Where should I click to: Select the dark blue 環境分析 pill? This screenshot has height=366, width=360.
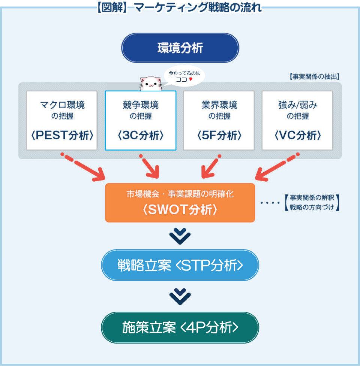click(x=180, y=48)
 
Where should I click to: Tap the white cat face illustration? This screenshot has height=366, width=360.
click(x=151, y=84)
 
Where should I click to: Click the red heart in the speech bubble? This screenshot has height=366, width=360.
click(x=191, y=79)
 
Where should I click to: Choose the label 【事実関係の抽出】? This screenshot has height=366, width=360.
click(x=315, y=77)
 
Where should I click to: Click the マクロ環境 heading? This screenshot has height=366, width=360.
click(x=62, y=105)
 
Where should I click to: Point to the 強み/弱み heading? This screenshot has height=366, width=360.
click(x=298, y=105)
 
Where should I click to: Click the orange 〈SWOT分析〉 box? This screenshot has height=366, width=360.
click(x=180, y=203)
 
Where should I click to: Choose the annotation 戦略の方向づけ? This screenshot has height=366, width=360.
click(x=312, y=208)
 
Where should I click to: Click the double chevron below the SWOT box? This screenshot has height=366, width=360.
click(x=180, y=236)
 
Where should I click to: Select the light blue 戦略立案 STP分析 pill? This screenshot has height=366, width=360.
click(x=180, y=265)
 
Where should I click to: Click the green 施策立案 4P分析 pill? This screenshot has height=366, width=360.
click(x=180, y=327)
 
